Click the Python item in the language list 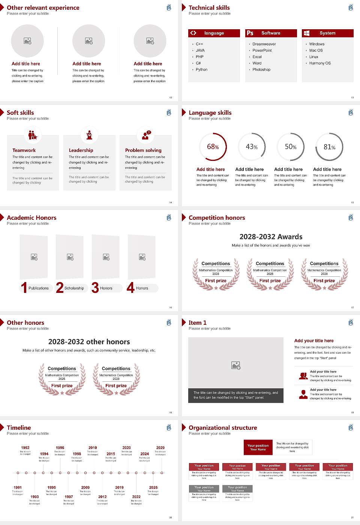(x=201, y=70)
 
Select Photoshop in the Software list (x=261, y=70)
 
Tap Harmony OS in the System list (x=320, y=63)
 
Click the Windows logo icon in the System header (x=307, y=33)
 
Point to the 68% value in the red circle (x=213, y=147)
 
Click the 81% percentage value (x=329, y=147)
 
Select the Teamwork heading (x=24, y=150)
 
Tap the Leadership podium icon (x=89, y=135)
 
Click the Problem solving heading (x=143, y=150)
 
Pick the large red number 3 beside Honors (x=95, y=288)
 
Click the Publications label (x=39, y=288)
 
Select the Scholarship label (x=74, y=288)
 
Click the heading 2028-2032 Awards (x=271, y=237)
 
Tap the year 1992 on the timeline (x=25, y=448)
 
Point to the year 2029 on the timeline (x=160, y=448)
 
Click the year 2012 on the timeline (x=102, y=497)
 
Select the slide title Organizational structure (x=223, y=428)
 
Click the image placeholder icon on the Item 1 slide (x=236, y=365)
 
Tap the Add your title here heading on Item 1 (x=314, y=341)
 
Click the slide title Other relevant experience (x=43, y=8)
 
